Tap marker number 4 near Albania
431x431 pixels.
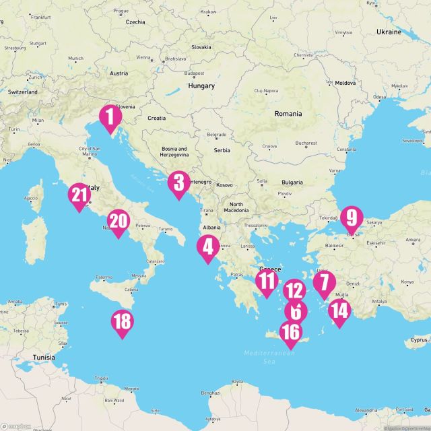coord(207,248)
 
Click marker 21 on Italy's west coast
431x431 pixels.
coord(80,197)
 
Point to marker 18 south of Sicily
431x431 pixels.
coord(122,323)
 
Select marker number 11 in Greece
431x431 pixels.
coord(267,283)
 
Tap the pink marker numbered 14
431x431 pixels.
coord(340,312)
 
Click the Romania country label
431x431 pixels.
coord(288,114)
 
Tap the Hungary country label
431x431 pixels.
coord(201,86)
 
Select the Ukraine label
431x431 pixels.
coord(389,32)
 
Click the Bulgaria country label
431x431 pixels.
coord(292,183)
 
